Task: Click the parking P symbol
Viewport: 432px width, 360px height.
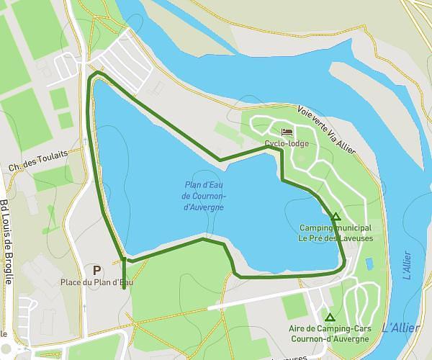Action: (x=96, y=270)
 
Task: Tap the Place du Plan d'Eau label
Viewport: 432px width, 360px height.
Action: (x=96, y=282)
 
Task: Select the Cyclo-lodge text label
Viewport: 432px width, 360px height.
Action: (x=287, y=143)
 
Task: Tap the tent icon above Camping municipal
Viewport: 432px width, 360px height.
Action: (x=335, y=216)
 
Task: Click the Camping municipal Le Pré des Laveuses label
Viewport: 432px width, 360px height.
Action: (x=335, y=232)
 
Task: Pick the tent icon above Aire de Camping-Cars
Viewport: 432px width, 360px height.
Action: (x=330, y=318)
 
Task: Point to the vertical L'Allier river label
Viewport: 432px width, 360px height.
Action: (x=407, y=265)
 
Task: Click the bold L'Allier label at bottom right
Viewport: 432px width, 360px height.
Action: (x=400, y=328)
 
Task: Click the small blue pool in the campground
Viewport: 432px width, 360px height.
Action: (x=369, y=264)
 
